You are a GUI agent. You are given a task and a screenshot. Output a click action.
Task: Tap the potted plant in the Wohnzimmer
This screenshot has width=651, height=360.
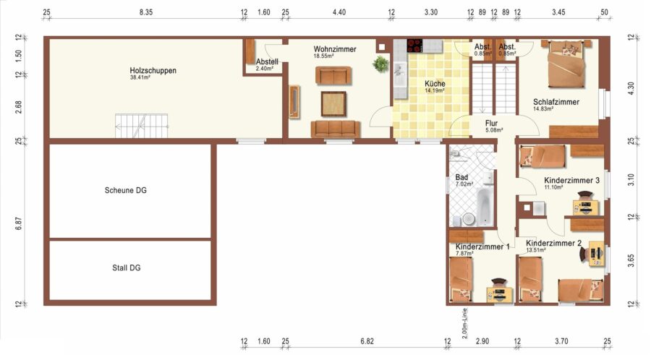[380, 64]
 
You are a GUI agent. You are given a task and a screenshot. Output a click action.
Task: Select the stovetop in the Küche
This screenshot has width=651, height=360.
[414, 46]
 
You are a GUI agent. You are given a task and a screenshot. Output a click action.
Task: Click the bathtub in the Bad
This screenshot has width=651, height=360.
[485, 207]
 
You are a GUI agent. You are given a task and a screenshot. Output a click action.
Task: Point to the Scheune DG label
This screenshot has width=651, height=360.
[125, 190]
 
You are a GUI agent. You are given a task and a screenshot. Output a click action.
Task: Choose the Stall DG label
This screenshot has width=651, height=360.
[126, 268]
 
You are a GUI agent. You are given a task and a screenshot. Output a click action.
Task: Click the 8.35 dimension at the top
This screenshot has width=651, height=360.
[145, 12]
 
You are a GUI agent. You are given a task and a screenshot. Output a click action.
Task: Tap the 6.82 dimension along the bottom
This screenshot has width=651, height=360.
[367, 341]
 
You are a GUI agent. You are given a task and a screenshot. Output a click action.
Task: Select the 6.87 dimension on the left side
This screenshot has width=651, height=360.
[19, 223]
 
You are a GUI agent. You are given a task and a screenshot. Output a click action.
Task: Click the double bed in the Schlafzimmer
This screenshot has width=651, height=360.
[566, 64]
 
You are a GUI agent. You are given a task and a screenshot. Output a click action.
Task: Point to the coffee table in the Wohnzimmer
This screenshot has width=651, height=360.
[333, 103]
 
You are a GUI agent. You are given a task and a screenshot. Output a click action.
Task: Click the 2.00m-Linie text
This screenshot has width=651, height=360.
[464, 324]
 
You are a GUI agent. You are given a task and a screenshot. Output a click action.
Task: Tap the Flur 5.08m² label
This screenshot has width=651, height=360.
[493, 126]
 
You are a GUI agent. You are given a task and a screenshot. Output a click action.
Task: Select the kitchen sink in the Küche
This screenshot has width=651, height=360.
[400, 74]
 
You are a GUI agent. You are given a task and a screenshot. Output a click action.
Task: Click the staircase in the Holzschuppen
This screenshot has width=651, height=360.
[142, 126]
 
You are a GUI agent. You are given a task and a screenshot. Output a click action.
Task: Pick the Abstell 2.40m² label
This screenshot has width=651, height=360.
[267, 64]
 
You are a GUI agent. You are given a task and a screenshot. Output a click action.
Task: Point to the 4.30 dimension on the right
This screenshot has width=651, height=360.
[631, 88]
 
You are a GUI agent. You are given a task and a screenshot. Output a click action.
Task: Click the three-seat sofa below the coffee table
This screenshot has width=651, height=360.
[336, 129]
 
